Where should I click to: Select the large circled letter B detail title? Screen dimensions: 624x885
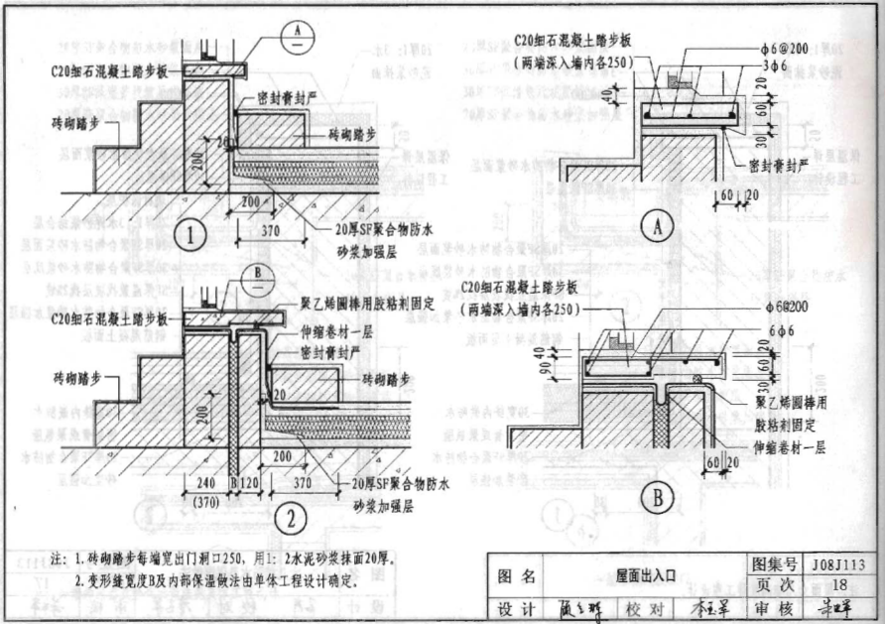click(657, 498)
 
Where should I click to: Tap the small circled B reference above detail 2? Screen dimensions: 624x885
click(256, 273)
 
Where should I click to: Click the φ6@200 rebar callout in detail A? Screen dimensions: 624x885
click(771, 48)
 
